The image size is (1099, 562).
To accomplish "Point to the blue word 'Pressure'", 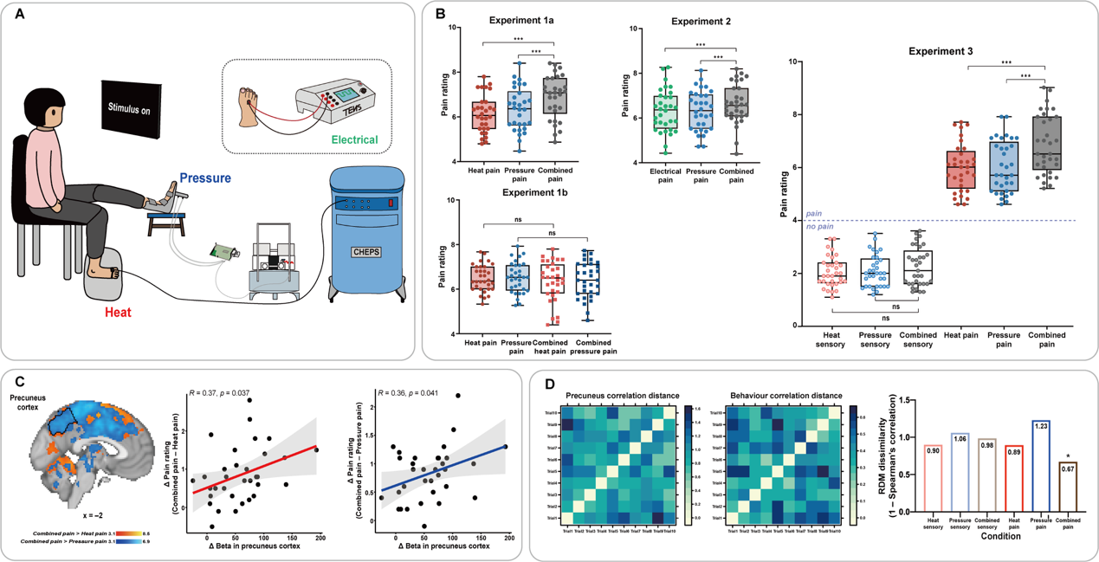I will [x=204, y=178].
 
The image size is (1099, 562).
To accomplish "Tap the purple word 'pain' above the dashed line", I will [x=813, y=212].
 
